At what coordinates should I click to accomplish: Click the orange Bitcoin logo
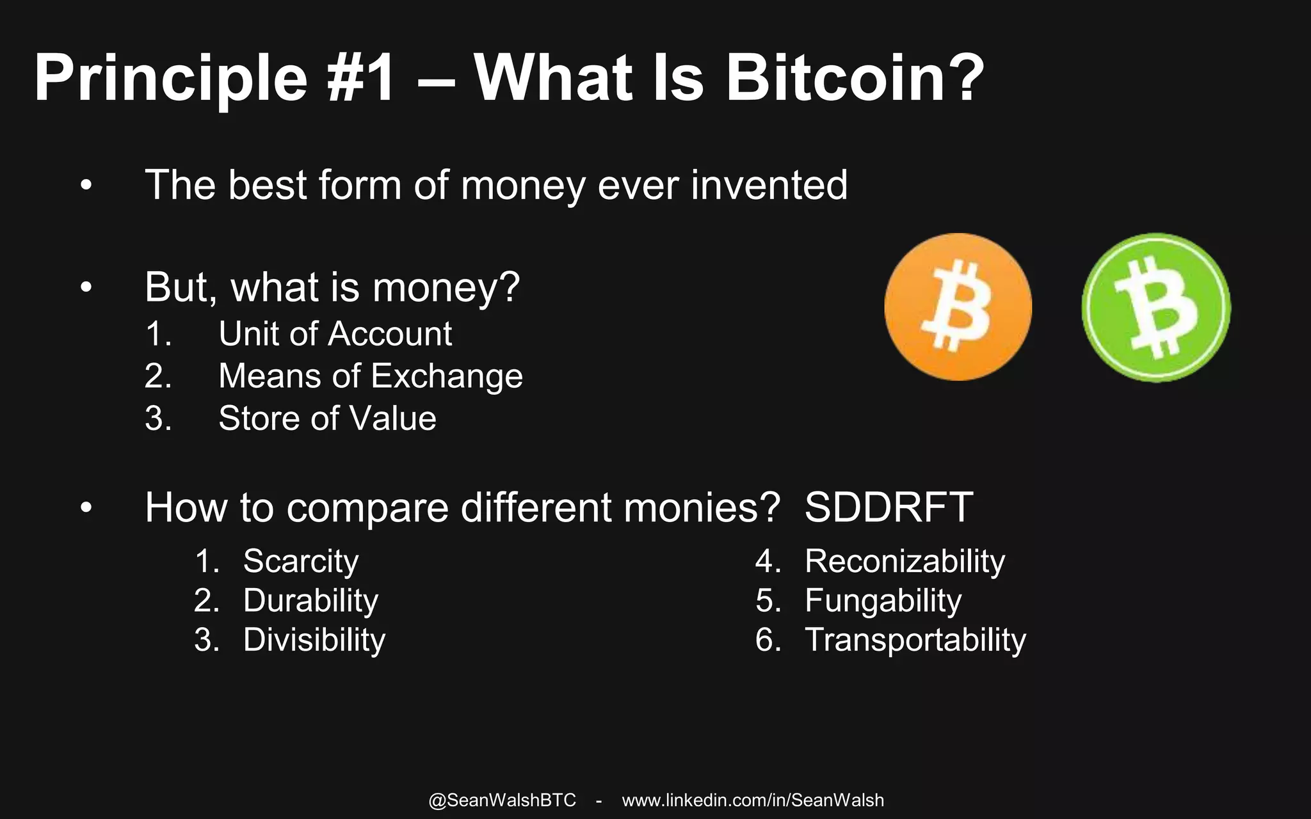pos(958,307)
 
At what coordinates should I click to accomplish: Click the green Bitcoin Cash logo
pos(1156,308)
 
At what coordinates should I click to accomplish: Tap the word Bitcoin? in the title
pos(854,78)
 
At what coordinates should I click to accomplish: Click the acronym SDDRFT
pos(889,507)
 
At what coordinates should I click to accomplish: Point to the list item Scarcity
pos(300,561)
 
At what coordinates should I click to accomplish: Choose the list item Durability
pos(310,601)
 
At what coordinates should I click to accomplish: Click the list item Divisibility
pos(314,640)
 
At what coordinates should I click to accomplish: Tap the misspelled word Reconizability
pos(905,561)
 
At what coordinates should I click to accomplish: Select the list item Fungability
pos(883,601)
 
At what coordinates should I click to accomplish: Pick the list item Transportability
pos(915,640)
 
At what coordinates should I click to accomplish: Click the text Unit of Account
pos(335,334)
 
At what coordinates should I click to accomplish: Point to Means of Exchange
pos(370,376)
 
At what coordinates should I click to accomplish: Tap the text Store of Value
pos(327,418)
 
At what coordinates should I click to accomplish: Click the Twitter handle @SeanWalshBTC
pos(502,800)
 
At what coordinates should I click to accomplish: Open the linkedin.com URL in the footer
pos(753,800)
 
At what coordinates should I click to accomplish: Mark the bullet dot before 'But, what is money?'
pos(86,288)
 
